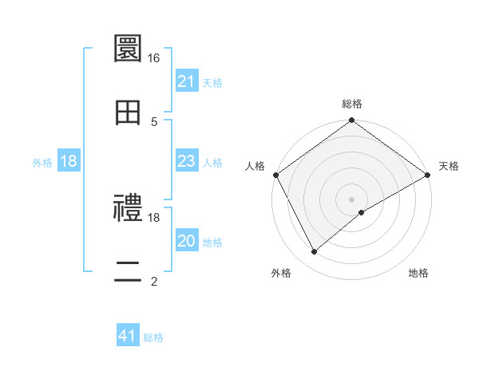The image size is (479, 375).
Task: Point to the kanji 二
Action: coord(129,272)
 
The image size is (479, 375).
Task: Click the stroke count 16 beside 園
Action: coord(154,58)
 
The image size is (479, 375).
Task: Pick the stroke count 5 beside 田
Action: coord(154,121)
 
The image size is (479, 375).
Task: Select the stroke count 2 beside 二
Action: coord(154,281)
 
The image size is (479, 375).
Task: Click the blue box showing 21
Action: coord(187,81)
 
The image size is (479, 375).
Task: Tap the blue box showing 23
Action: coord(187,162)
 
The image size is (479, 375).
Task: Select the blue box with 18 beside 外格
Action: coord(69,162)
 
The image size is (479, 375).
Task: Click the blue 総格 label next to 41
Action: coord(153,337)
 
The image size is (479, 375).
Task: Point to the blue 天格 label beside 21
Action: coord(212,82)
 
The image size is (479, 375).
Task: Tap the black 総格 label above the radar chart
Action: coord(352,104)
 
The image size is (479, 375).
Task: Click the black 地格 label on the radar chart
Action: coord(418,274)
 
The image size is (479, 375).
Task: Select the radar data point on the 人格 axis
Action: coord(275,175)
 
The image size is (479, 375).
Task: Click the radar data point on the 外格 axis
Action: coord(314,252)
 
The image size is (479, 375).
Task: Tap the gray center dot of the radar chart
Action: coord(352,199)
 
